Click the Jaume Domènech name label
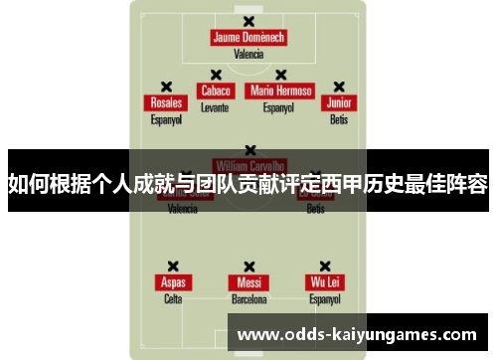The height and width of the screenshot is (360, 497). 248,38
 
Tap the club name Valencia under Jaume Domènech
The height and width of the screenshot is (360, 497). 248,55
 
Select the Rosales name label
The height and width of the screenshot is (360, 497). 166,102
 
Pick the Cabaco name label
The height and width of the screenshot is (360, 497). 215,90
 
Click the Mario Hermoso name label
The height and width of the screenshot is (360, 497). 280,90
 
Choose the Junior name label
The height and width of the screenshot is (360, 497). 339,102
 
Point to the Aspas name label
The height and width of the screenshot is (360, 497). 173,282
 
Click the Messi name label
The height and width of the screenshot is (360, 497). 248,282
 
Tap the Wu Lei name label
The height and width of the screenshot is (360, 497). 325,282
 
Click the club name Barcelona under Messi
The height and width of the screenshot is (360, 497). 248,298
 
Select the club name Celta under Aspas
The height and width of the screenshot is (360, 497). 173,298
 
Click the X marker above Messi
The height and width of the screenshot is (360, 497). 248,266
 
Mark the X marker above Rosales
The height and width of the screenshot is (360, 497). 166,87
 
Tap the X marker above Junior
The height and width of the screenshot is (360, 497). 339,87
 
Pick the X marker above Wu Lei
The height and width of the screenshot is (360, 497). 325,266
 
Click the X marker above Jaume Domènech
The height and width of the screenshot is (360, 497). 248,21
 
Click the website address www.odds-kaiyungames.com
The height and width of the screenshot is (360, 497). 359,335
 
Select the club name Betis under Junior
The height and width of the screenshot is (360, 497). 339,119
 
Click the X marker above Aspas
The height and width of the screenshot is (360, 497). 173,266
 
